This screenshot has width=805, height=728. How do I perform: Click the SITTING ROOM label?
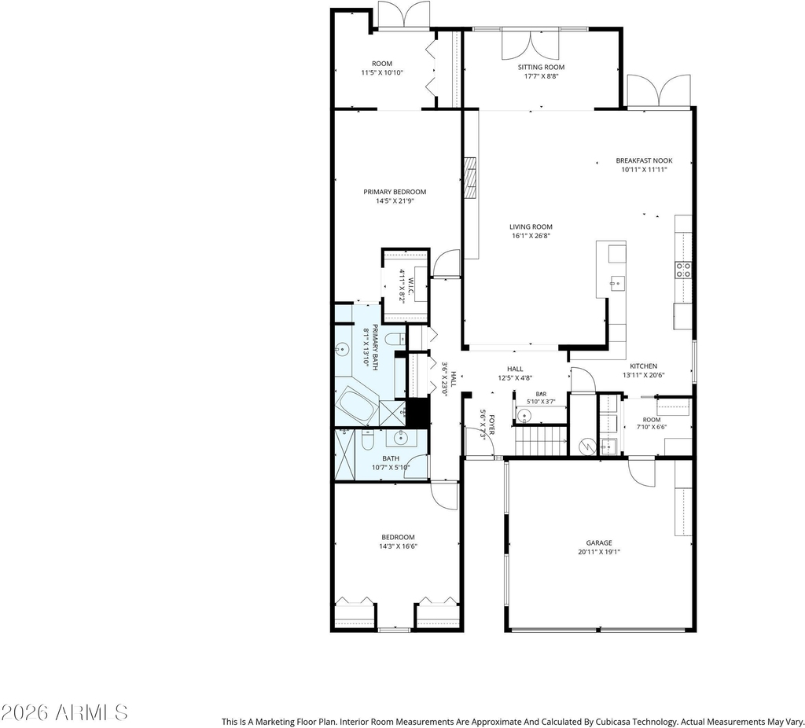pyautogui.click(x=541, y=68)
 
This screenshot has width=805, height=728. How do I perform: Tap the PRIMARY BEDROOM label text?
pyautogui.click(x=395, y=192)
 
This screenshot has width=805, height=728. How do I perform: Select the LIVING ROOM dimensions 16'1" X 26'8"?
pyautogui.click(x=531, y=236)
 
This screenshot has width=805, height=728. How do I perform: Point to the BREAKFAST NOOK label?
pyautogui.click(x=644, y=160)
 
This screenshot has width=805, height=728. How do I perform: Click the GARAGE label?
pyautogui.click(x=599, y=542)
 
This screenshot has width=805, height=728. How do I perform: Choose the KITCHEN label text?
pyautogui.click(x=643, y=366)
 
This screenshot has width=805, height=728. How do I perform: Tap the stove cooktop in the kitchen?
pyautogui.click(x=683, y=270)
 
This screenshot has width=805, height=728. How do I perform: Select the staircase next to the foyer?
pyautogui.click(x=541, y=440)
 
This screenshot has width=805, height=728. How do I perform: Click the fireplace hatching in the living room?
pyautogui.click(x=470, y=178)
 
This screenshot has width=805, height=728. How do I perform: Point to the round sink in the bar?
pyautogui.click(x=524, y=415)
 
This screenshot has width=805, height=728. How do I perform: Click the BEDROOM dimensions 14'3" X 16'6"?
pyautogui.click(x=398, y=546)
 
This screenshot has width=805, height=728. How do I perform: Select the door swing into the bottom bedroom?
pyautogui.click(x=444, y=496)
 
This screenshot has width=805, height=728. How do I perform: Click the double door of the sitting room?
pyautogui.click(x=530, y=44)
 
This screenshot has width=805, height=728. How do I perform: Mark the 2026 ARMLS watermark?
pyautogui.click(x=64, y=712)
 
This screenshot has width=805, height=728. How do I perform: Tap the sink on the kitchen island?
pyautogui.click(x=616, y=283)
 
